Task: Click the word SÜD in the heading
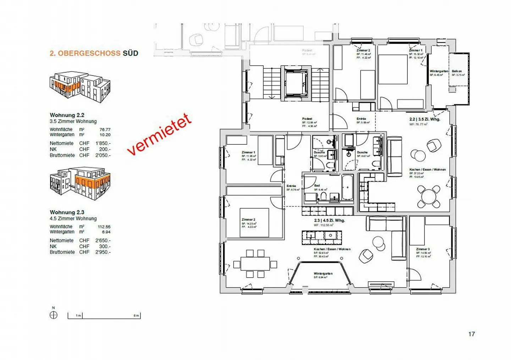tap(130, 54)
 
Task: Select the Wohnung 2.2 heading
tap(67, 115)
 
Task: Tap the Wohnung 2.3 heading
tap(67, 212)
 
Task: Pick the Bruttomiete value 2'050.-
tap(103, 155)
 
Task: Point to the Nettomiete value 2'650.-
tap(103, 240)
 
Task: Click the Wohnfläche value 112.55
tap(104, 227)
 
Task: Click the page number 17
tap(471, 334)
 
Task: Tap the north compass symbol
tap(54, 315)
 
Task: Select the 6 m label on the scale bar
tap(136, 316)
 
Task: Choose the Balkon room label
tap(457, 71)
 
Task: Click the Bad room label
tap(317, 185)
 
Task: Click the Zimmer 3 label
tap(423, 249)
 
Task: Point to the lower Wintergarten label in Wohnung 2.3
tap(323, 274)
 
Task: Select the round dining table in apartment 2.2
tap(429, 196)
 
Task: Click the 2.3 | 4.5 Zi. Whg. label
tap(329, 221)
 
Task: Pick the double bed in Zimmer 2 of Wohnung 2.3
tap(254, 223)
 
